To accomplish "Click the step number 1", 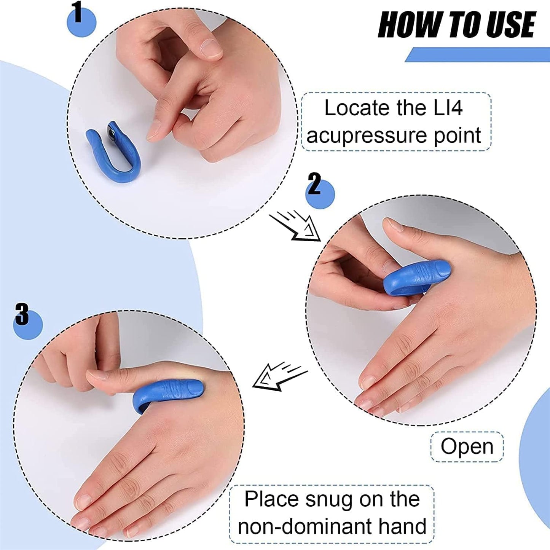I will coord(78,13).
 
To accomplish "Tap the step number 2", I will coord(315,185).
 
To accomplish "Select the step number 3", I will coord(22,314).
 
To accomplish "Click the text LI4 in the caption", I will coord(448,108).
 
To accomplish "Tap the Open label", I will coord(467,446).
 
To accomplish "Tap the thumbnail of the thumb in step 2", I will coord(394,225).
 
